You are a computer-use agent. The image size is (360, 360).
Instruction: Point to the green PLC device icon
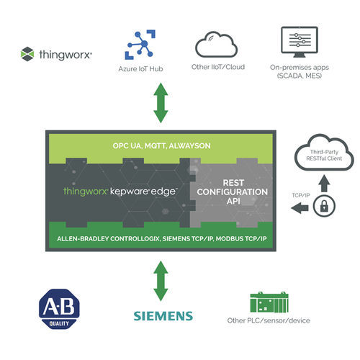pyautogui.click(x=268, y=302)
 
